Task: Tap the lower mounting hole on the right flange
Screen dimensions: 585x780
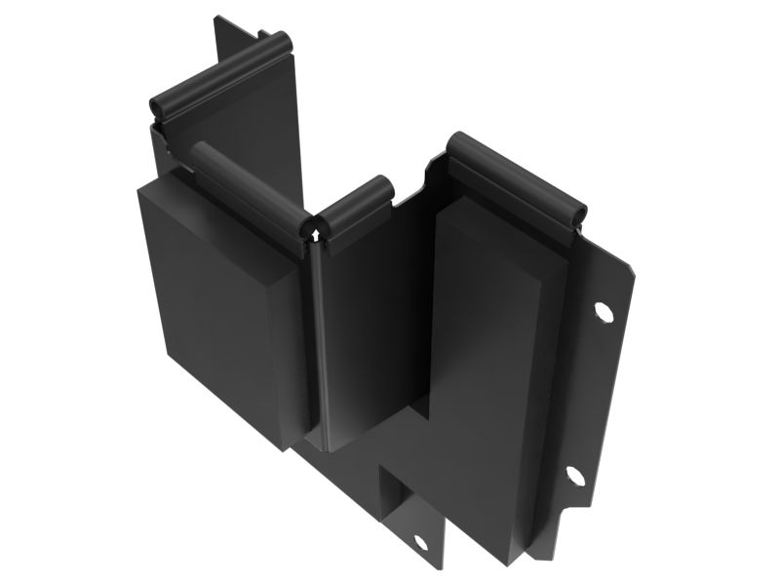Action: pyautogui.click(x=574, y=476)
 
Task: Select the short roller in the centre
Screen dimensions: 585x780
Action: pyautogui.click(x=355, y=205)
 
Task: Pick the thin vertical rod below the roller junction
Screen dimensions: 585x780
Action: pyautogui.click(x=313, y=341)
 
